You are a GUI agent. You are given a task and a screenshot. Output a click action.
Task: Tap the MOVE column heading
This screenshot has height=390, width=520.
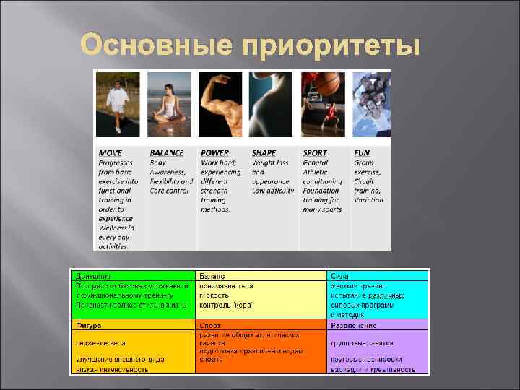110,153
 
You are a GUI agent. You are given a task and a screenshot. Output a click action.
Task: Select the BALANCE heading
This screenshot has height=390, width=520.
167,153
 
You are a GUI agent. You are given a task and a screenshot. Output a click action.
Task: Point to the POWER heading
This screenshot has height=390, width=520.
214,153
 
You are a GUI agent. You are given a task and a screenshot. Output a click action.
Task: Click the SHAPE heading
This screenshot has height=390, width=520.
264,153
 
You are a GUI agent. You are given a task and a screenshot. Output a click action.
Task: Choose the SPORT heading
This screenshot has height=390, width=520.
315,153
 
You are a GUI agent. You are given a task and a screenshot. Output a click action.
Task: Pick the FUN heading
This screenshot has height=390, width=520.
361,153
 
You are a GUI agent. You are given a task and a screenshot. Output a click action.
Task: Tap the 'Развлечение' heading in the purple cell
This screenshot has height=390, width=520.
354,326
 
